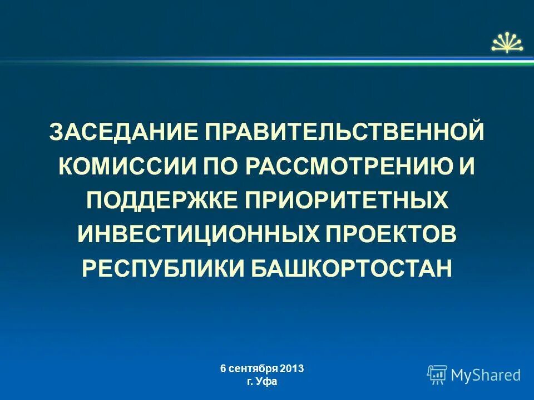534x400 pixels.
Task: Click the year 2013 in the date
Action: pos(293,368)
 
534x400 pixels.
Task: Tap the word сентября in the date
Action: pos(254,368)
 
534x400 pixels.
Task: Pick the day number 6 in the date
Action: pos(222,368)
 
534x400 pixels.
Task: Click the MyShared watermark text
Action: pos(486,375)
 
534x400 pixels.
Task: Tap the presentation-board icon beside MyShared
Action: pos(437,374)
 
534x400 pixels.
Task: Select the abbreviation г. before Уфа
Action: pos(250,382)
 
